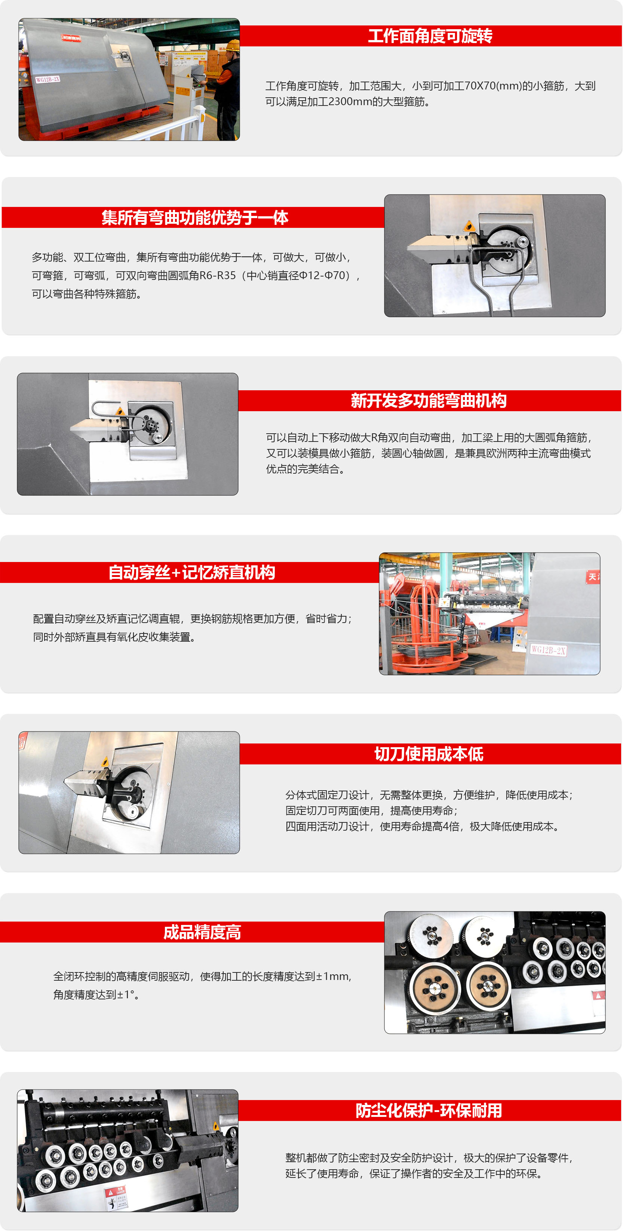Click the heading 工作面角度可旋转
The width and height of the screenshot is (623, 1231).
(x=430, y=36)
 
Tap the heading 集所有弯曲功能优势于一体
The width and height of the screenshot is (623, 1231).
(x=195, y=217)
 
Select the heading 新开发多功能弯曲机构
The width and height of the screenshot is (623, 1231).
(x=429, y=400)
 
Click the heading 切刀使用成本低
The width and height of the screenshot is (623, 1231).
(x=429, y=754)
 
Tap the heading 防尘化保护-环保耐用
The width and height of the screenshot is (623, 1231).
(x=429, y=1110)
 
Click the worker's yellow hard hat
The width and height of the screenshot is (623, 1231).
(x=233, y=46)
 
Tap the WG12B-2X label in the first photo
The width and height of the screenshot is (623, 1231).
(x=48, y=79)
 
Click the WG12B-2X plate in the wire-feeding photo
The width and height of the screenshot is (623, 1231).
(x=548, y=650)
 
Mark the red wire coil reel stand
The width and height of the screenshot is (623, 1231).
(x=425, y=626)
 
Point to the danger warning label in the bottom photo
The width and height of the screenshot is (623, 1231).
(x=116, y=1197)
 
